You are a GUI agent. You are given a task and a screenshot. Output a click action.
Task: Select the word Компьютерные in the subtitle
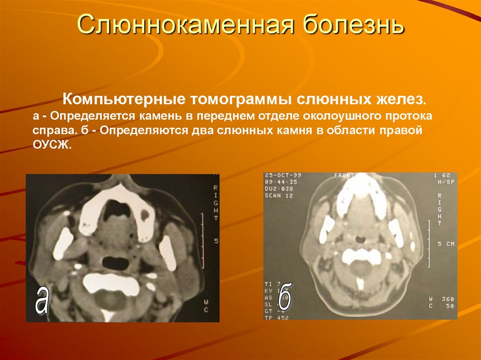123,100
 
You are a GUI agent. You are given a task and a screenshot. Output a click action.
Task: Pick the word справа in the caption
50,130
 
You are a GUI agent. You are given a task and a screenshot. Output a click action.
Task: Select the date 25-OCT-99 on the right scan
283,176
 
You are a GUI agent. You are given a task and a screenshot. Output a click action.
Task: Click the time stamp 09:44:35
281,182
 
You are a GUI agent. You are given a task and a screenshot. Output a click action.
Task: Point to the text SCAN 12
279,195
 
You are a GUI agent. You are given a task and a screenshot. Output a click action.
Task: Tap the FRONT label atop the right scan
344,176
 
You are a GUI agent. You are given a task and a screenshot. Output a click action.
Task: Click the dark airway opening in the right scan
360,239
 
